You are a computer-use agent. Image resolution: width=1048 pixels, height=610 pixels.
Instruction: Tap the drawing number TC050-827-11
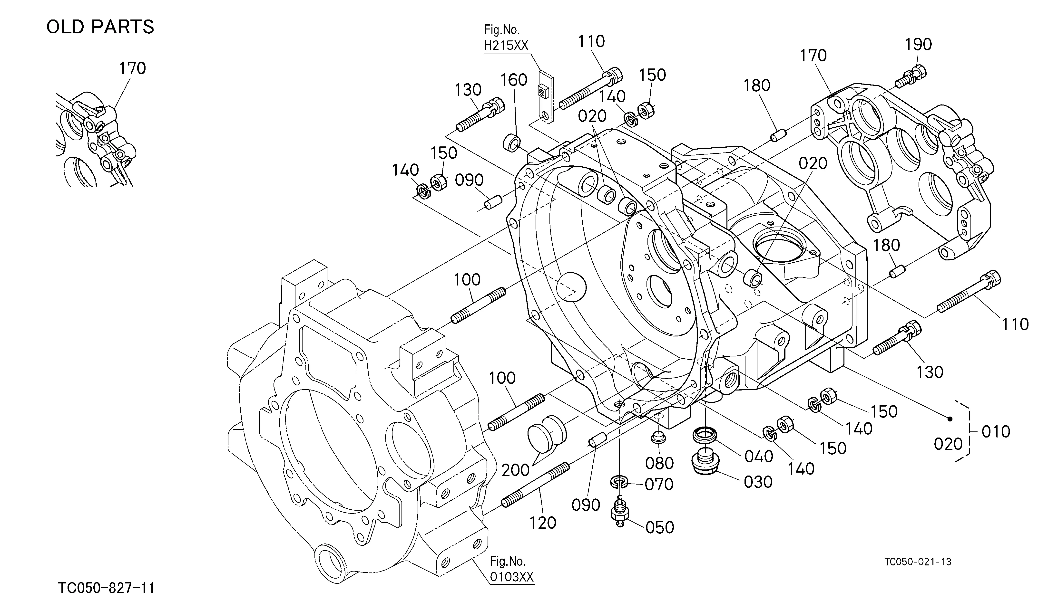106,588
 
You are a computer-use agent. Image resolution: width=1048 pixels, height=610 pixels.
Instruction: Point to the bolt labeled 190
910,77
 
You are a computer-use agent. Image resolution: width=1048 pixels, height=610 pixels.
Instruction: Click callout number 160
514,80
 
